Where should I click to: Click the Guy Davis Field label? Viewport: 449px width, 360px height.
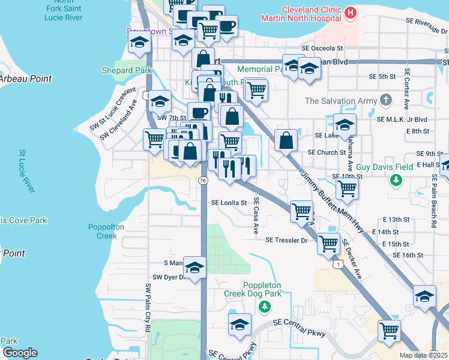385,167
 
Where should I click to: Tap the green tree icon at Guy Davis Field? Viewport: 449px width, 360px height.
396,179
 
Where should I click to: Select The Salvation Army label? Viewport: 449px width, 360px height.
340,100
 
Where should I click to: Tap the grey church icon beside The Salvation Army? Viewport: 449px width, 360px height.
386,100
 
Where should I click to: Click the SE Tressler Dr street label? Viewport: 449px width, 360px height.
286,240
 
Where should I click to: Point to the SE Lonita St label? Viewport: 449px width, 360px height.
229,203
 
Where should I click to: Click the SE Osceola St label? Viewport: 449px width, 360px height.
322,48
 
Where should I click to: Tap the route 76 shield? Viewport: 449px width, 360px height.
203,181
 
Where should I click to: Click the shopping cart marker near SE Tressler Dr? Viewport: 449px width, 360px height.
328,244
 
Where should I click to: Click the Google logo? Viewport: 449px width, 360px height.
20,353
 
